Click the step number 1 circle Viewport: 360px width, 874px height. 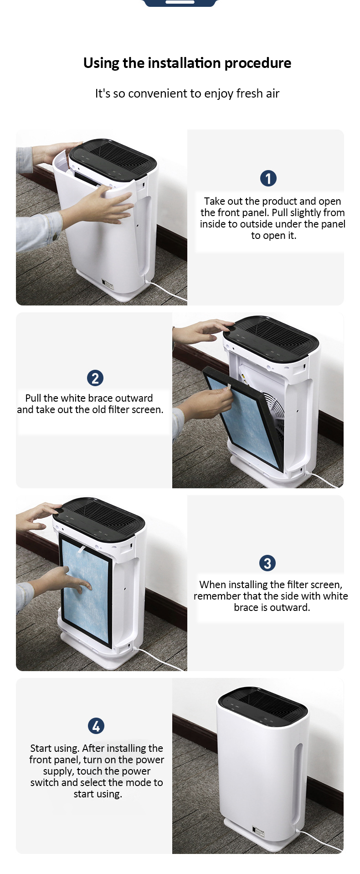[x=268, y=178]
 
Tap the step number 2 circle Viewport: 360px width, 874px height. [x=95, y=378]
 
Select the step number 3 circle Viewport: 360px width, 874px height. [x=267, y=563]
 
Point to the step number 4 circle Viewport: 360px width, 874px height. [x=96, y=726]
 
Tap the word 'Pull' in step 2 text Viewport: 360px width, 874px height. [x=33, y=398]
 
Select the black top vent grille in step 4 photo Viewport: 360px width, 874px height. [x=262, y=705]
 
